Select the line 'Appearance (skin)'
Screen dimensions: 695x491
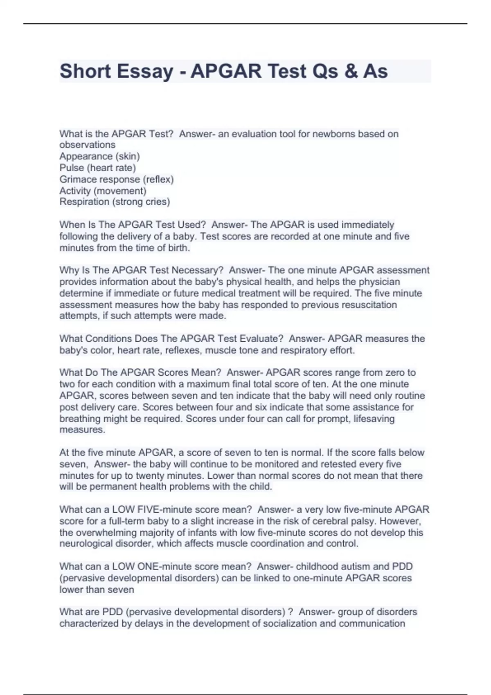coord(99,156)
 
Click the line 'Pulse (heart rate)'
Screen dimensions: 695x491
coord(97,168)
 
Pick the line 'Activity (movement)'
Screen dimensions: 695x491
coord(103,191)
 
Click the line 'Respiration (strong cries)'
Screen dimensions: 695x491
coord(115,202)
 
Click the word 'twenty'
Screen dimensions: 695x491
coord(149,475)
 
